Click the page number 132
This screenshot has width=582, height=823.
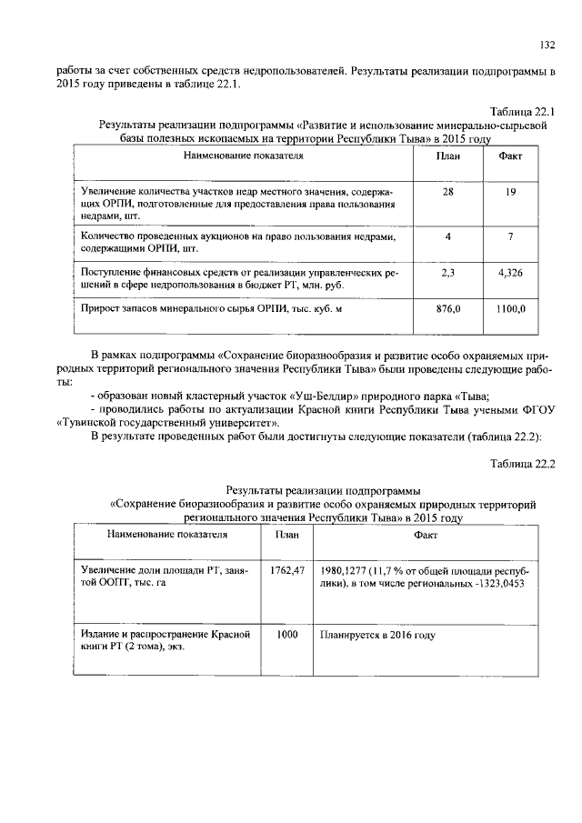click(547, 44)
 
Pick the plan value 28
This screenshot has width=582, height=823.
click(447, 193)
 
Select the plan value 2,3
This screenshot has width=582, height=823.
click(447, 272)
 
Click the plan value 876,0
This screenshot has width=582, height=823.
click(447, 309)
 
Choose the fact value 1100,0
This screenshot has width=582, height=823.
click(511, 309)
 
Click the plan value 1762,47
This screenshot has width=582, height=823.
click(286, 570)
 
